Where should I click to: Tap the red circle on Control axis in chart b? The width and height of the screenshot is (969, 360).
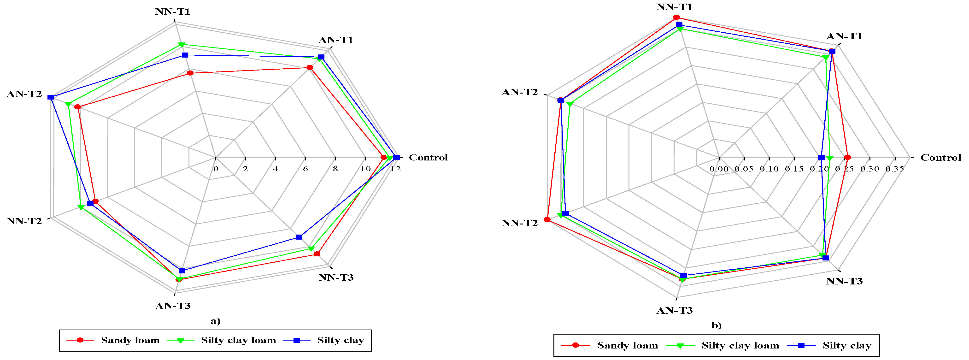[847, 157]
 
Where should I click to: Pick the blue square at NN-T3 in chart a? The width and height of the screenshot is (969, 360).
[299, 237]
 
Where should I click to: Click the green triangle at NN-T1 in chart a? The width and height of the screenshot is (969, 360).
[182, 45]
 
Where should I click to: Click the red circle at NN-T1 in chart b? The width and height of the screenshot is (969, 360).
[676, 17]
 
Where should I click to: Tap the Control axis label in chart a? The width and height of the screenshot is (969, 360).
[428, 157]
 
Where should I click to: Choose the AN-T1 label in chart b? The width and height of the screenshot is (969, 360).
[844, 36]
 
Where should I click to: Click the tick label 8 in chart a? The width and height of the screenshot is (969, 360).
[335, 169]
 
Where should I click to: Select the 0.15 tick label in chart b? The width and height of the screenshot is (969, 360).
[794, 169]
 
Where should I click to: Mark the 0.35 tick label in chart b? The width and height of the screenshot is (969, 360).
[894, 169]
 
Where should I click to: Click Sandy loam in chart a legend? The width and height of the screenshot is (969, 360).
[130, 340]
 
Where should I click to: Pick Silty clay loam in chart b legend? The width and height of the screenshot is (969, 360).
[740, 346]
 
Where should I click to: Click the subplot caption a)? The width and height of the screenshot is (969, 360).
[215, 321]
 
